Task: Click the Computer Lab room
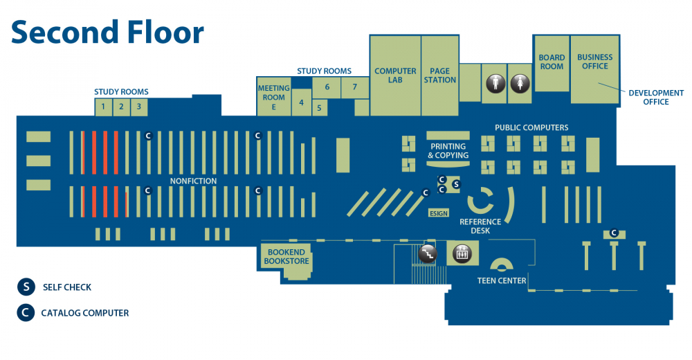(x=395, y=76)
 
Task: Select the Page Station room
(x=440, y=76)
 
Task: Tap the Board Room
(x=552, y=62)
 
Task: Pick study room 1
(x=103, y=107)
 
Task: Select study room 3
(x=138, y=107)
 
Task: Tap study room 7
(x=354, y=87)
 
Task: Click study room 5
(x=319, y=108)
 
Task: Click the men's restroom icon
(x=493, y=83)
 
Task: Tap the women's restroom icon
(x=520, y=83)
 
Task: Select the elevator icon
(x=461, y=254)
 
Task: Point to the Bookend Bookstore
(x=286, y=258)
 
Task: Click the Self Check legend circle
(x=26, y=287)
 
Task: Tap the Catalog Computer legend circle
(x=26, y=313)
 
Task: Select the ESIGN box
(x=439, y=213)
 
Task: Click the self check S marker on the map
(x=455, y=184)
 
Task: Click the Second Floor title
(x=107, y=33)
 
